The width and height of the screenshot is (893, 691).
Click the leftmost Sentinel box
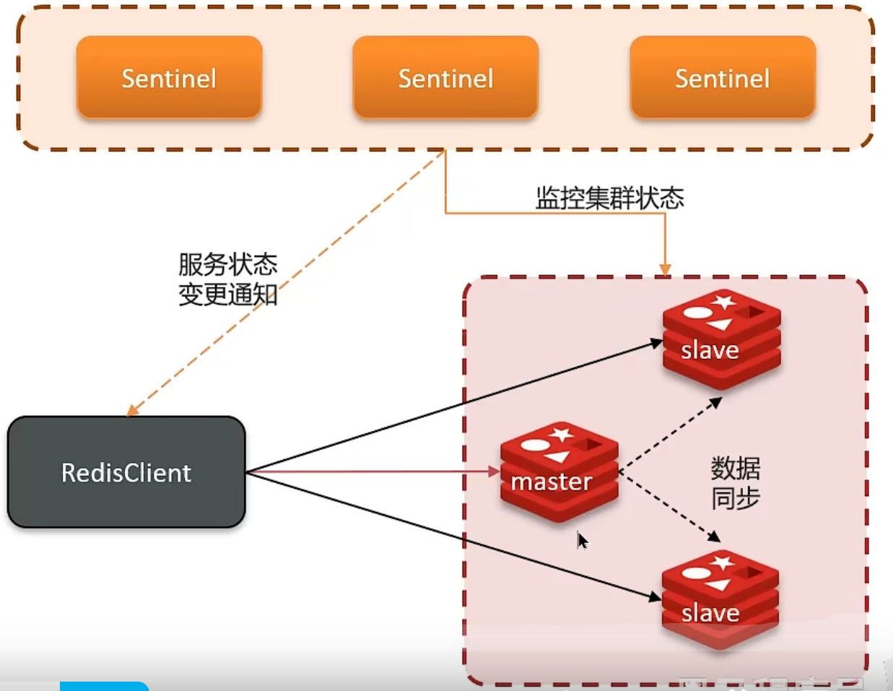169,77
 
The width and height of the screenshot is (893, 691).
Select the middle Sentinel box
445,77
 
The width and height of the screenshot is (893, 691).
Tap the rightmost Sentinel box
723,77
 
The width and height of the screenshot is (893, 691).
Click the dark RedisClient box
126,472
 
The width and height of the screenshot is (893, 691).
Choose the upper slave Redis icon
721,339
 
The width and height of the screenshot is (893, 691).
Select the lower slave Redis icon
720,599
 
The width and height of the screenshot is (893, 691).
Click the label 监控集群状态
609,198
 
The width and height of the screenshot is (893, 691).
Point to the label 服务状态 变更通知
228,279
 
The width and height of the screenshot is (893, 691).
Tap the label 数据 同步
736,483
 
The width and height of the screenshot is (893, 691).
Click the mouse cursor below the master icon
582,540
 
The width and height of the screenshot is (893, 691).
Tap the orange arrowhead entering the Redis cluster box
665,270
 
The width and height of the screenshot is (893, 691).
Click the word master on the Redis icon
552,482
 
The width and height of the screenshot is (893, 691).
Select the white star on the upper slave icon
724,302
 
